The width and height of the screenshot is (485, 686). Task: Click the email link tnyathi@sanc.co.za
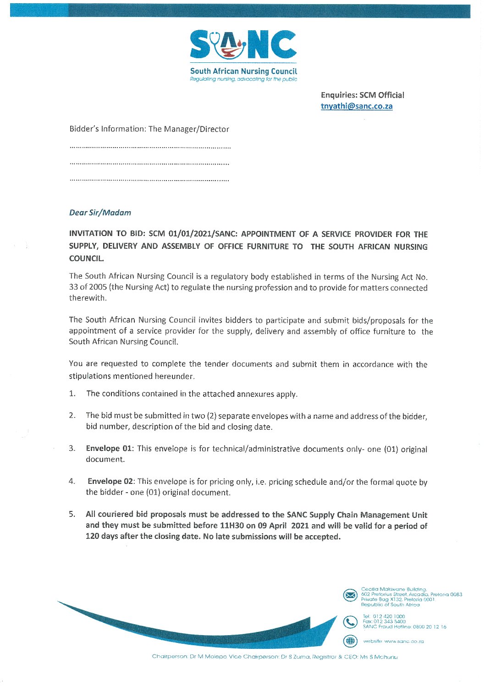(x=356, y=106)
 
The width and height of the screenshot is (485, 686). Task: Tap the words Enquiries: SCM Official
(x=362, y=95)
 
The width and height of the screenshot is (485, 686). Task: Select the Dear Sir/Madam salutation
(x=100, y=213)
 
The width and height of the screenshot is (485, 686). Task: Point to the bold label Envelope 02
(x=110, y=481)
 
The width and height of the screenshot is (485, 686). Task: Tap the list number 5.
(x=72, y=515)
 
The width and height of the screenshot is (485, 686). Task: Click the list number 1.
(x=72, y=394)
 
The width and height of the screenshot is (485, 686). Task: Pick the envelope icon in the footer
(x=350, y=595)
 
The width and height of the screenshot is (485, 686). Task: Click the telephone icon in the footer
(x=350, y=622)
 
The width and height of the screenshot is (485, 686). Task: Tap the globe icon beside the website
(x=350, y=641)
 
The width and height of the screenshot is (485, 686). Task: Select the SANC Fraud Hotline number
(x=429, y=627)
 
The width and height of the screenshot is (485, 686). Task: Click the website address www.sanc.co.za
(x=404, y=642)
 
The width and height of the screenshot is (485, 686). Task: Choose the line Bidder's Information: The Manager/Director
(x=149, y=129)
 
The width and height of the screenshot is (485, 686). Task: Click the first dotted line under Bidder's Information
(x=150, y=148)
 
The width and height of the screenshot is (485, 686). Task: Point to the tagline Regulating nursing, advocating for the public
(x=243, y=79)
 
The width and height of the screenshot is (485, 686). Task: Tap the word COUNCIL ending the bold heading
(x=86, y=258)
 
